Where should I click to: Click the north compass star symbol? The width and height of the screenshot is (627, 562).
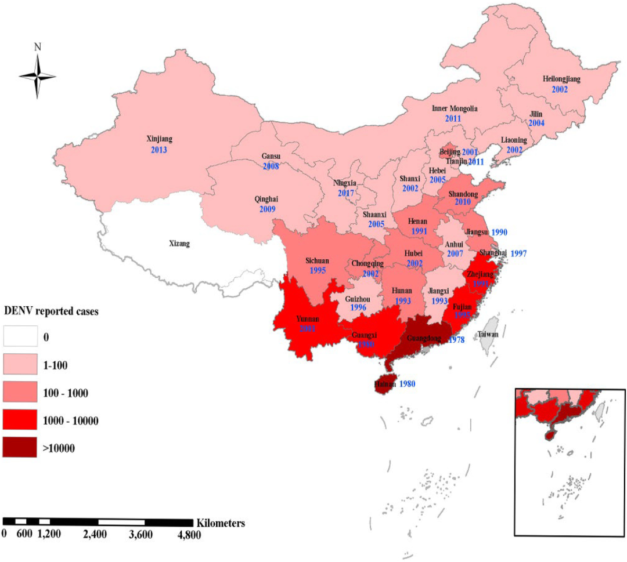pyautogui.click(x=37, y=76)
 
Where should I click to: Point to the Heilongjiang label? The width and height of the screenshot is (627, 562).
pyautogui.click(x=561, y=78)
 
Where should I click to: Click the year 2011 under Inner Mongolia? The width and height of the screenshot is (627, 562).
pyautogui.click(x=453, y=118)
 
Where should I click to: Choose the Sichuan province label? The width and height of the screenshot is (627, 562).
pyautogui.click(x=317, y=261)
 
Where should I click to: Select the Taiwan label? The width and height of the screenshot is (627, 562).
pyautogui.click(x=488, y=335)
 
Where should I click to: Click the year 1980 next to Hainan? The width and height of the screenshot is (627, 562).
pyautogui.click(x=406, y=383)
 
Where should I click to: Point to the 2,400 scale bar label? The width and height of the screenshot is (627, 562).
pyautogui.click(x=95, y=534)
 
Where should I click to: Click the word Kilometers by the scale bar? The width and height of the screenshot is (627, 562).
pyautogui.click(x=221, y=523)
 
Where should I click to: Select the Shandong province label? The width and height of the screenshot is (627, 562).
pyautogui.click(x=462, y=194)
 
